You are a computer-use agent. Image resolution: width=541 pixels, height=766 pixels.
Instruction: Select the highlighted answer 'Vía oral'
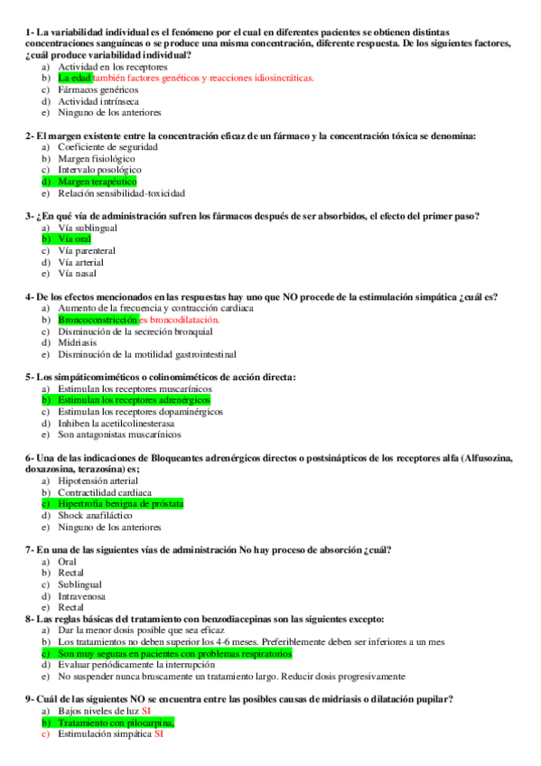(x=74, y=239)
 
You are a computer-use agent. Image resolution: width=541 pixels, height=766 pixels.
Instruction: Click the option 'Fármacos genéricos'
(x=98, y=90)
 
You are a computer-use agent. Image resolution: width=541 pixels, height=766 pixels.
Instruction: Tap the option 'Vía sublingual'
(x=87, y=228)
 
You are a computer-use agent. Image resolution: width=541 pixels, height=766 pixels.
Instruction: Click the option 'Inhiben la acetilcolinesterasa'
(x=116, y=423)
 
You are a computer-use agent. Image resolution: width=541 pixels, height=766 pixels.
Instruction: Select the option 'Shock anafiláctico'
(x=95, y=516)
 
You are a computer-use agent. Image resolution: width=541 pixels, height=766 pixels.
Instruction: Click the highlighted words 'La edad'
(x=74, y=79)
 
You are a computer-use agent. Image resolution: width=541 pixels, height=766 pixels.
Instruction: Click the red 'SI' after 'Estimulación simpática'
(x=159, y=734)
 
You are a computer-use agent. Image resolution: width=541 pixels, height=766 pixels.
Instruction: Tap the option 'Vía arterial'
(x=82, y=262)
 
